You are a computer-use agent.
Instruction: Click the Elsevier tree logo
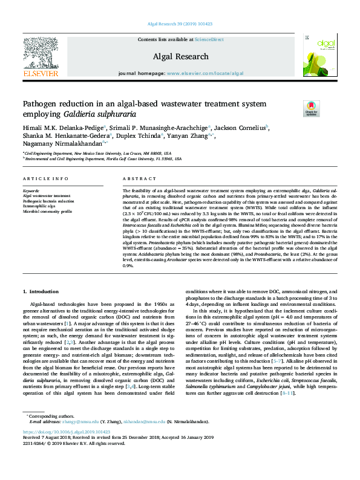tap(41, 57)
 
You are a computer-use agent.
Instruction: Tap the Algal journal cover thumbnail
tap(319, 57)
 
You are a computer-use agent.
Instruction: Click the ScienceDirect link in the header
tap(209, 40)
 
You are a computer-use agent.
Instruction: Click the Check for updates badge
tap(295, 108)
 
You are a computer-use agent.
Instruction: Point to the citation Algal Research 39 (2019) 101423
tap(180, 24)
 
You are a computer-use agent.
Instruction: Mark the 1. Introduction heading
tap(43, 291)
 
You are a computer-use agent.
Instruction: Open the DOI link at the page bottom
tap(64, 449)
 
